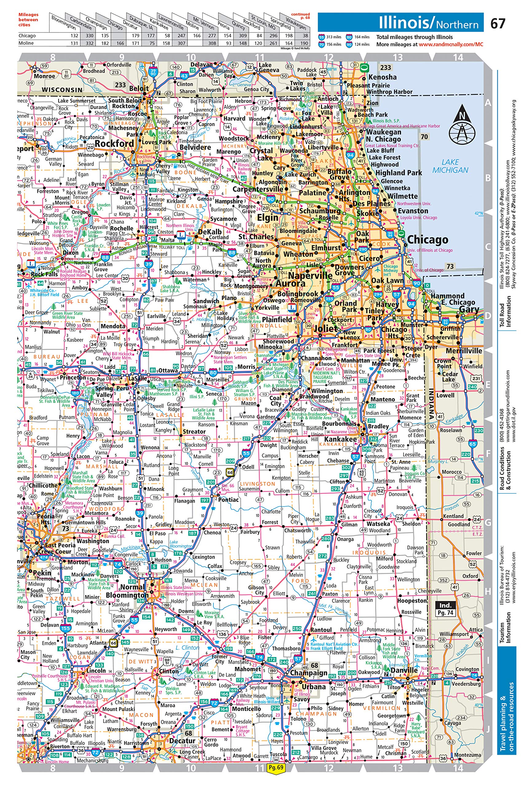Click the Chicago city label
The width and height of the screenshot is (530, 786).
point(427,239)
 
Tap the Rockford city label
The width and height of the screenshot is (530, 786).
point(114,144)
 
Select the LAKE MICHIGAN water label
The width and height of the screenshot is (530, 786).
point(450,166)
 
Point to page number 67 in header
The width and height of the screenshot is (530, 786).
point(497,24)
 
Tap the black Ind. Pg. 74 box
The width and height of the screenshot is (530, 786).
point(445,609)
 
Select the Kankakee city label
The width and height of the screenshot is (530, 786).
point(340,439)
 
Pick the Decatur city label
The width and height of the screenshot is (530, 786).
point(182,741)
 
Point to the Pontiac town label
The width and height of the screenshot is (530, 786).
point(228,500)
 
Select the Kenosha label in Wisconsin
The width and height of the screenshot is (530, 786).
point(382,77)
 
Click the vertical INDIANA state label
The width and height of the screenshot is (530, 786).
point(431,403)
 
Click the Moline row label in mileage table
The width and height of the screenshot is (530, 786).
point(26,43)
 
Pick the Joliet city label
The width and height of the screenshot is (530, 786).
point(325,329)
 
